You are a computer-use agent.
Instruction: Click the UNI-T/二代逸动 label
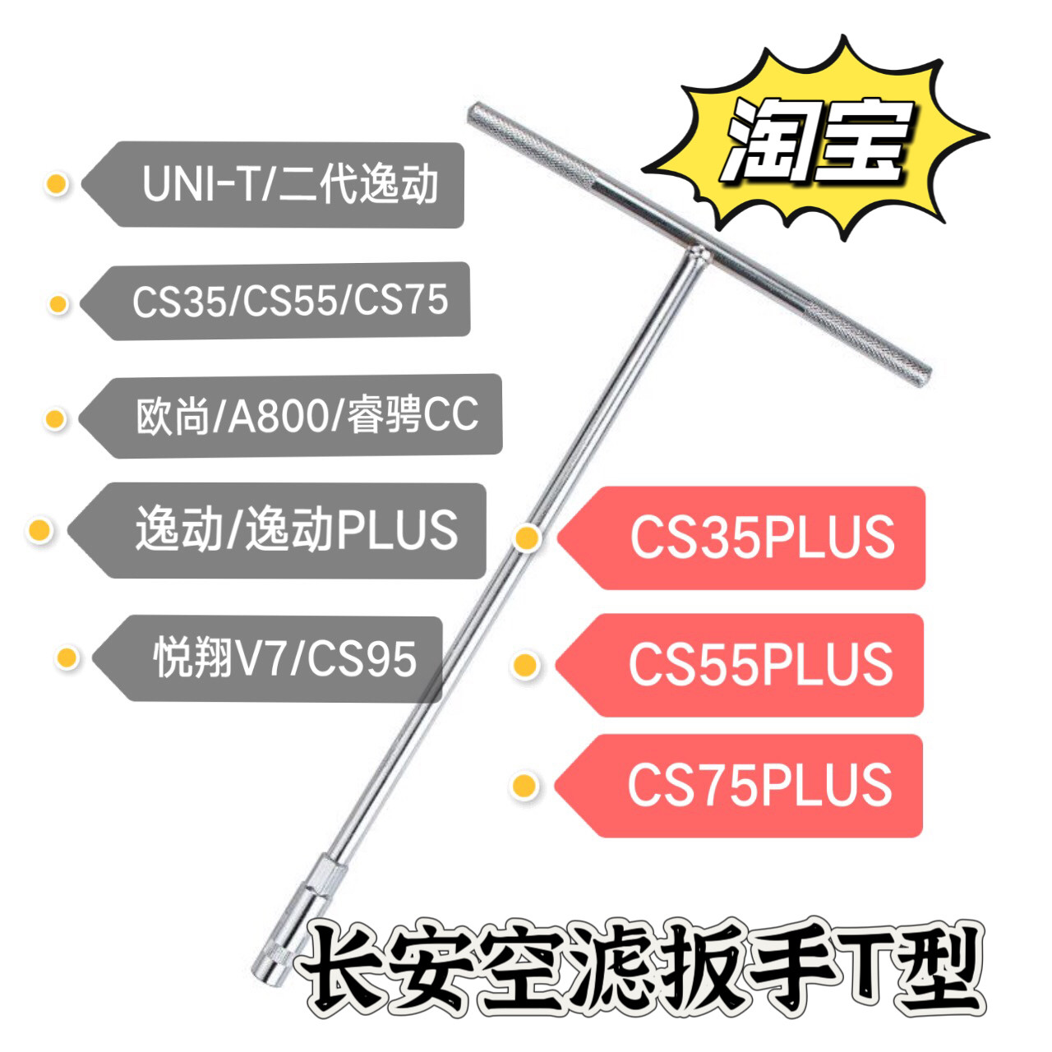289,184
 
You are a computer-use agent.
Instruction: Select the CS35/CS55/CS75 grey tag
289,301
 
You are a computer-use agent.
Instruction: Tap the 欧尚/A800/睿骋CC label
306,416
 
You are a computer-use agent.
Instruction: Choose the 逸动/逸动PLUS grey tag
296,530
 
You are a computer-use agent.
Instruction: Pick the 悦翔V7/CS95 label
284,658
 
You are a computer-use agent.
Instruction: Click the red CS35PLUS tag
760,538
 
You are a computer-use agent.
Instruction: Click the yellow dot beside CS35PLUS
527,538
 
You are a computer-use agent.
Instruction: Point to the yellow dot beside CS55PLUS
526,664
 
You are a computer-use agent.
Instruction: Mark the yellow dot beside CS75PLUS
524,786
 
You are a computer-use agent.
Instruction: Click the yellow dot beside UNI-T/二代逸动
57,184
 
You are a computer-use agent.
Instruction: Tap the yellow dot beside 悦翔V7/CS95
67,657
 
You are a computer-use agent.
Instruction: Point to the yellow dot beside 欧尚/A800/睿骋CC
55,419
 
